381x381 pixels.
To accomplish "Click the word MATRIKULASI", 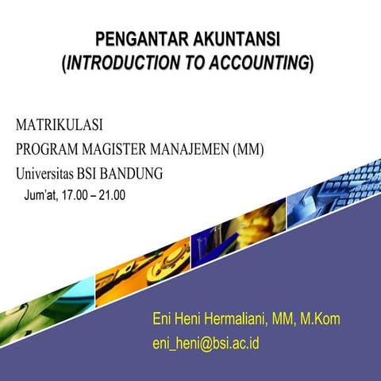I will coord(59,125).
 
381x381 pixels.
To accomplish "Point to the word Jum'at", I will coord(40,194).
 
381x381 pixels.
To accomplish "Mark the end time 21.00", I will coord(112,194).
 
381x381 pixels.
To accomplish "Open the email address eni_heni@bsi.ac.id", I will coord(206,344).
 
